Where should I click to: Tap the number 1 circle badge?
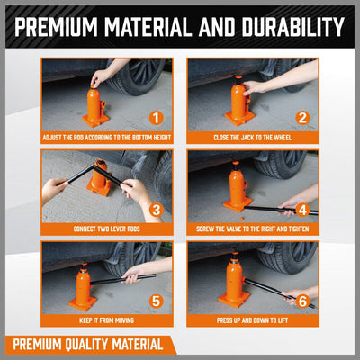[155, 118]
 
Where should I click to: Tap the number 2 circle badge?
[301, 118]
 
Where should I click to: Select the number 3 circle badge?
[155, 210]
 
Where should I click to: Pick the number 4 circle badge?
[301, 210]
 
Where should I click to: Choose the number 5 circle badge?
[155, 301]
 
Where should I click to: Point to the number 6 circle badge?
[301, 301]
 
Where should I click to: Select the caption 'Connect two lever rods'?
[106, 230]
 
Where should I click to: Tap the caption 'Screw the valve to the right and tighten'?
[253, 230]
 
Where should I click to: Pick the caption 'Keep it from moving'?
[106, 321]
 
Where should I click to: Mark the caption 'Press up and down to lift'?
[253, 321]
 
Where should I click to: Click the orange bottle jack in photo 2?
[238, 101]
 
